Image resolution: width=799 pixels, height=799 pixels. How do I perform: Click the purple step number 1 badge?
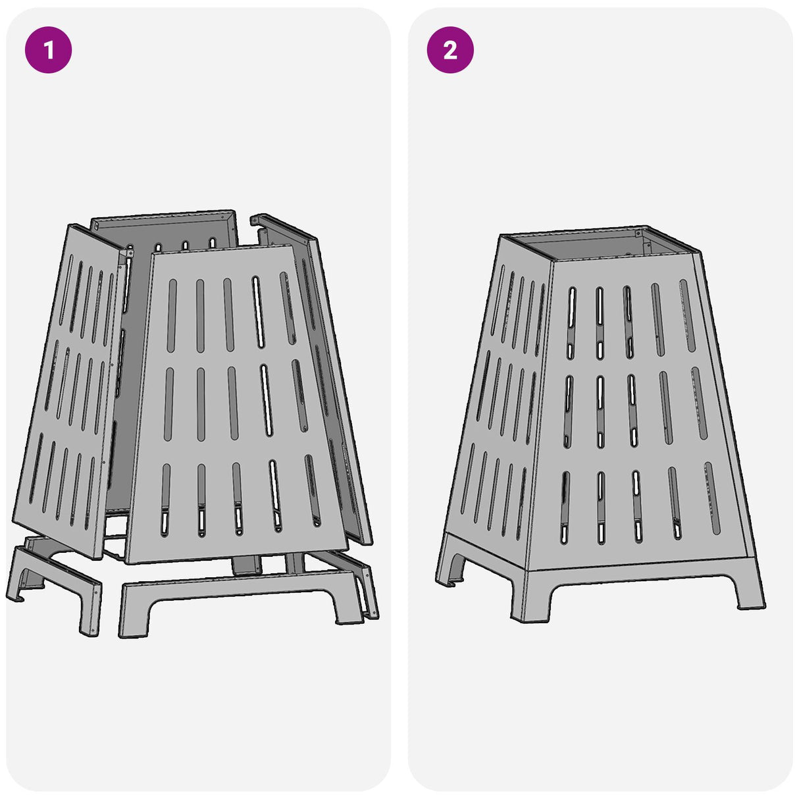pos(48,49)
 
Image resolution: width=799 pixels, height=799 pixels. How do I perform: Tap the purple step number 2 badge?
pos(450,49)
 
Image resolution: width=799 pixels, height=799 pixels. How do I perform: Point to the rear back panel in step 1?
pos(165,227)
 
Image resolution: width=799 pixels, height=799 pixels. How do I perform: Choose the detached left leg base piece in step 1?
pos(56,579)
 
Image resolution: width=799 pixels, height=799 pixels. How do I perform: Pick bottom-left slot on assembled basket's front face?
pos(565,507)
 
